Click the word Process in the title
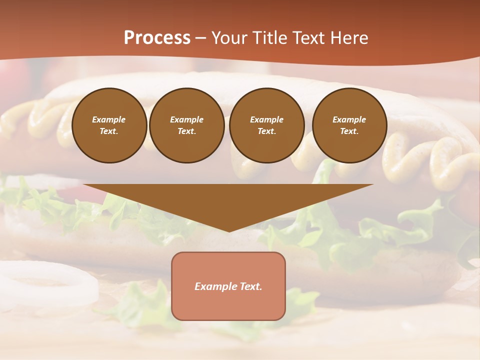coord(157,38)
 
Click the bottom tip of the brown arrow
coord(229,230)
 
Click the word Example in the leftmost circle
coord(109,119)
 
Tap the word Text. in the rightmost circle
coord(349,131)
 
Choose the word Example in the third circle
coord(266,119)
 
